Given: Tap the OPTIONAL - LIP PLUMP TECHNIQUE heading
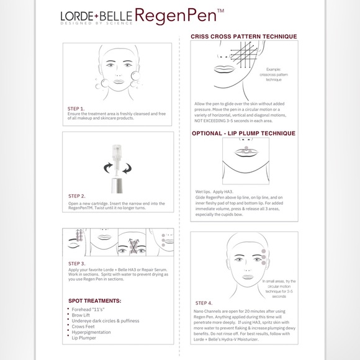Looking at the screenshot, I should (243, 133).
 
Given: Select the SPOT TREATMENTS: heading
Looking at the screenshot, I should (94, 300).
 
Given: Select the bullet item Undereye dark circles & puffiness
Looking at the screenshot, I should (106, 321).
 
